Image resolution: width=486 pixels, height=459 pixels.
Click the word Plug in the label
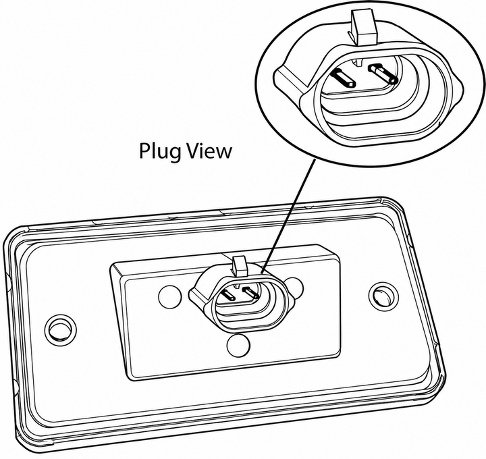158,152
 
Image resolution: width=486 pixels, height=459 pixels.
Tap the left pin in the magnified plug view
344,78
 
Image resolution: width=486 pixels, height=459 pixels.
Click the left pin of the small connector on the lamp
229,295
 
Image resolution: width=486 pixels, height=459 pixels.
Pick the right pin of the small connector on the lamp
251,292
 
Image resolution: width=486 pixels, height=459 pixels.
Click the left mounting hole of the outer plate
60,329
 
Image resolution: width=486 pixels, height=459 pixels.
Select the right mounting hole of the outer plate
383,296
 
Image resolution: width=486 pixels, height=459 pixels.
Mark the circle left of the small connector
171,296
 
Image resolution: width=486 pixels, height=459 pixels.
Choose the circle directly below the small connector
238,345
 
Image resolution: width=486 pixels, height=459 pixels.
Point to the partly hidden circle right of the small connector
296,288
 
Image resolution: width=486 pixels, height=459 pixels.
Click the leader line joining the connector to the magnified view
289,216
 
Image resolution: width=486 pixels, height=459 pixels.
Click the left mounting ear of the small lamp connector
198,294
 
